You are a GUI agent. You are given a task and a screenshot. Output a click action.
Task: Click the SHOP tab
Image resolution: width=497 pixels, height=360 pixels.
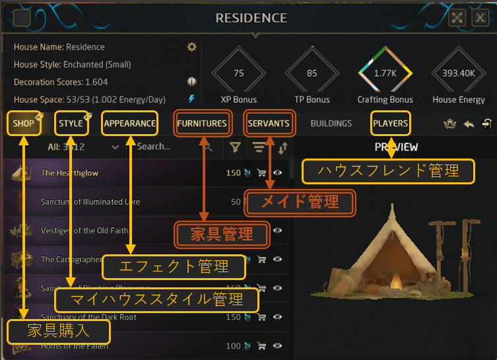click(24, 123)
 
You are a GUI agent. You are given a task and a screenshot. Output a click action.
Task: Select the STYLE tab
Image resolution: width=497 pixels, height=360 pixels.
click(71, 123)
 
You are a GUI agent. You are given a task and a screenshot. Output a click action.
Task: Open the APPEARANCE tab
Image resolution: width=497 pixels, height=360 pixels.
click(130, 123)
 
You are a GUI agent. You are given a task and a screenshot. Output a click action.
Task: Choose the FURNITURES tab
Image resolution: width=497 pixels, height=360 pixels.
click(202, 123)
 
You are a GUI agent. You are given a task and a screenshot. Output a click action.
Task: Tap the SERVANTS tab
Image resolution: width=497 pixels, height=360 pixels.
click(269, 123)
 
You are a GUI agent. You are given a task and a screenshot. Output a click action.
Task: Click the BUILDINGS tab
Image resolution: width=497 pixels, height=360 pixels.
click(331, 123)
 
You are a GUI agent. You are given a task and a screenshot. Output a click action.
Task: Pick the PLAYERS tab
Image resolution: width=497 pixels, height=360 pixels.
click(390, 123)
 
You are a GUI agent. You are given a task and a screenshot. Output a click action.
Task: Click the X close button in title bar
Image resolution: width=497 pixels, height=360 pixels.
click(480, 18)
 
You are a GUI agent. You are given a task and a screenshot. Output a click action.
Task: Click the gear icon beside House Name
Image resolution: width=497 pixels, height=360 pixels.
click(192, 47)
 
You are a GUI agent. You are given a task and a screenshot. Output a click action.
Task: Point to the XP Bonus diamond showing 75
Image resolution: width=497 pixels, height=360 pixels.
click(239, 73)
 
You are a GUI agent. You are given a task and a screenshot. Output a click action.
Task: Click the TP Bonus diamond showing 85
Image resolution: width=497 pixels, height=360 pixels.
click(312, 73)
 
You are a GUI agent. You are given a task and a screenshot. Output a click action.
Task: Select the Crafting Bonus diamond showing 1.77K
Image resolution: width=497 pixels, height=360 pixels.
click(385, 73)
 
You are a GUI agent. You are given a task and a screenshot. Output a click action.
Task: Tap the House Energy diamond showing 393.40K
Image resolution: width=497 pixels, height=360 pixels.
click(459, 73)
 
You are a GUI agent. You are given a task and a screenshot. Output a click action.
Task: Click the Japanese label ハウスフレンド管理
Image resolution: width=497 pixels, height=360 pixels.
click(388, 171)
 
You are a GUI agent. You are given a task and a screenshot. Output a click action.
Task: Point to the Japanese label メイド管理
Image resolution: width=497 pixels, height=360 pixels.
click(300, 203)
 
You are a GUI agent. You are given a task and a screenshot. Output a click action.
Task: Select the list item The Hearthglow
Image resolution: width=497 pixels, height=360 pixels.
click(69, 173)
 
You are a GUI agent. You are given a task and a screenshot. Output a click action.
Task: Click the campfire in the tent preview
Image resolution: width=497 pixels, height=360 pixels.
click(396, 284)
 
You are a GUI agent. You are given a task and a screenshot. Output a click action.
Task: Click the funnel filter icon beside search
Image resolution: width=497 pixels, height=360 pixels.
click(234, 147)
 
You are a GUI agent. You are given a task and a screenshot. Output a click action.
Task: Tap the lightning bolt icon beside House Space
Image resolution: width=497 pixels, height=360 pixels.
click(192, 99)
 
